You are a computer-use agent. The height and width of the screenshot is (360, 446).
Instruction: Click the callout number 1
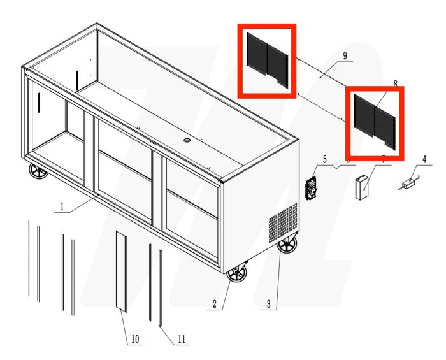62,206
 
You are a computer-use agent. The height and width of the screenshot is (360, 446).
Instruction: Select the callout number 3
268,305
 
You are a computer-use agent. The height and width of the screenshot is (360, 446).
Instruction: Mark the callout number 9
344,56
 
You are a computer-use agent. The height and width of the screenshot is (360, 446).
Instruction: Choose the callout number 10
134,339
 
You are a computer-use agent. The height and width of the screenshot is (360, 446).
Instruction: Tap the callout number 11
182,339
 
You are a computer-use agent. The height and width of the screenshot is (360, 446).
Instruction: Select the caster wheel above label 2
236,275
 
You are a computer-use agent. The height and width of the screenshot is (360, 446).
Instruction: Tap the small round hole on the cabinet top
187,140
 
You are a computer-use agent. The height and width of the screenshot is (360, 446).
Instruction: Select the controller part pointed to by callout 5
312,189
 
